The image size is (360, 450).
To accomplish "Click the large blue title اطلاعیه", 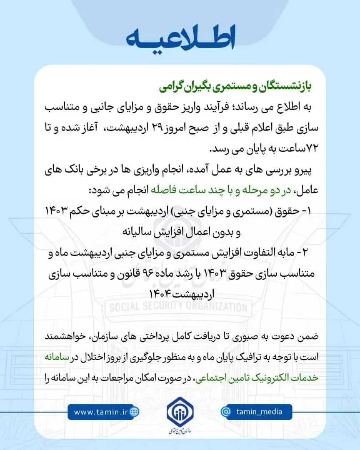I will [x=180, y=39].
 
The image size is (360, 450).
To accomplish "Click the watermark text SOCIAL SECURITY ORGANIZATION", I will [x=178, y=308].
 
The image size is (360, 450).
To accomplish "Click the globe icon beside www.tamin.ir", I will [x=134, y=412].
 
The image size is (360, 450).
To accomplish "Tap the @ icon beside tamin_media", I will [x=226, y=412].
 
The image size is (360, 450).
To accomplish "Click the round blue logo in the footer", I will [x=180, y=412].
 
